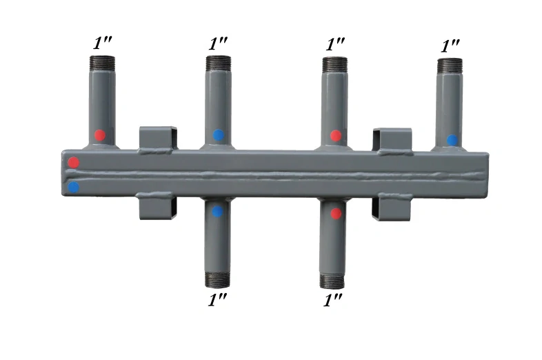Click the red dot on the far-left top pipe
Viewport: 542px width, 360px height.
click(100, 135)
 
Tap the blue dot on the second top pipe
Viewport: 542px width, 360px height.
click(218, 135)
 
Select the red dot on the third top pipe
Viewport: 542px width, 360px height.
click(336, 136)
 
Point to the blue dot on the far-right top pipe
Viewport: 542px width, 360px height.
click(452, 140)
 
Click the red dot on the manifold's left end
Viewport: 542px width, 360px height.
click(73, 162)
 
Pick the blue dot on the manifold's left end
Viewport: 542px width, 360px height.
click(73, 188)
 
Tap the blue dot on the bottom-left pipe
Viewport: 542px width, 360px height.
click(217, 211)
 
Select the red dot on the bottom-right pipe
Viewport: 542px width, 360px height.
click(336, 214)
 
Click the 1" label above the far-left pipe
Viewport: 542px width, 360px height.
click(102, 43)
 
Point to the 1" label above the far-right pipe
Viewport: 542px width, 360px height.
click(450, 46)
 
